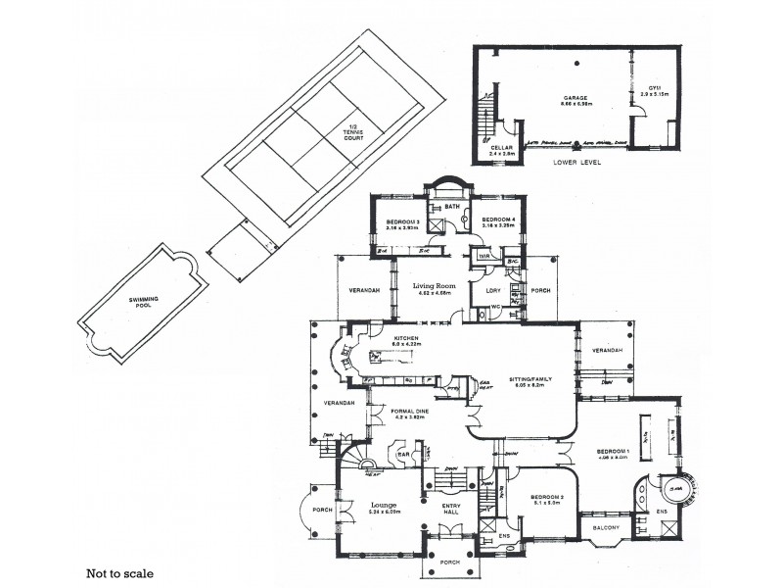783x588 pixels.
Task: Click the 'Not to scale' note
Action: click(x=118, y=569)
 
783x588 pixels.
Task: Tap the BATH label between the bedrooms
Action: click(x=452, y=207)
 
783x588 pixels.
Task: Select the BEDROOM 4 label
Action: click(x=499, y=220)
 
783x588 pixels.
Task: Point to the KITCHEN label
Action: click(x=405, y=339)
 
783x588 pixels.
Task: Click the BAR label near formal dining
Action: click(x=401, y=454)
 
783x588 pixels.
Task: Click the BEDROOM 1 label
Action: click(x=612, y=450)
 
